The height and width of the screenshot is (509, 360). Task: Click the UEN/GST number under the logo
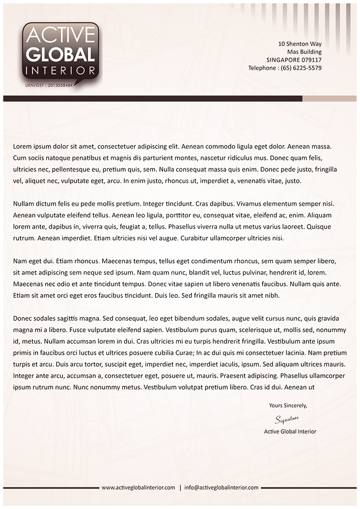pyautogui.click(x=50, y=86)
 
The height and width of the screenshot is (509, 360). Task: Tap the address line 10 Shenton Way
pyautogui.click(x=300, y=44)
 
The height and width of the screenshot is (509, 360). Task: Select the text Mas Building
pyautogui.click(x=304, y=52)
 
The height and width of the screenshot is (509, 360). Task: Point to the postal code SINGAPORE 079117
pyautogui.click(x=294, y=60)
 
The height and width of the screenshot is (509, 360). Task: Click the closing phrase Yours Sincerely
pyautogui.click(x=288, y=406)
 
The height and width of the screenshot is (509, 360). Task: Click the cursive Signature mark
pyautogui.click(x=286, y=419)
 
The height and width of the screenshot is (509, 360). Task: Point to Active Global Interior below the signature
pyautogui.click(x=290, y=432)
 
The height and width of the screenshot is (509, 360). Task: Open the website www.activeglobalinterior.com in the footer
pyautogui.click(x=138, y=488)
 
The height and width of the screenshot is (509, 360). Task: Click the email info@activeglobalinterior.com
pyautogui.click(x=221, y=488)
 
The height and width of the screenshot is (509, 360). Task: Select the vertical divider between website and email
pyautogui.click(x=180, y=488)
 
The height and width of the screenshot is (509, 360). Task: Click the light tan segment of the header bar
pyautogui.click(x=329, y=98)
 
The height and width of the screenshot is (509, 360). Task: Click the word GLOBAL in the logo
pyautogui.click(x=60, y=55)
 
